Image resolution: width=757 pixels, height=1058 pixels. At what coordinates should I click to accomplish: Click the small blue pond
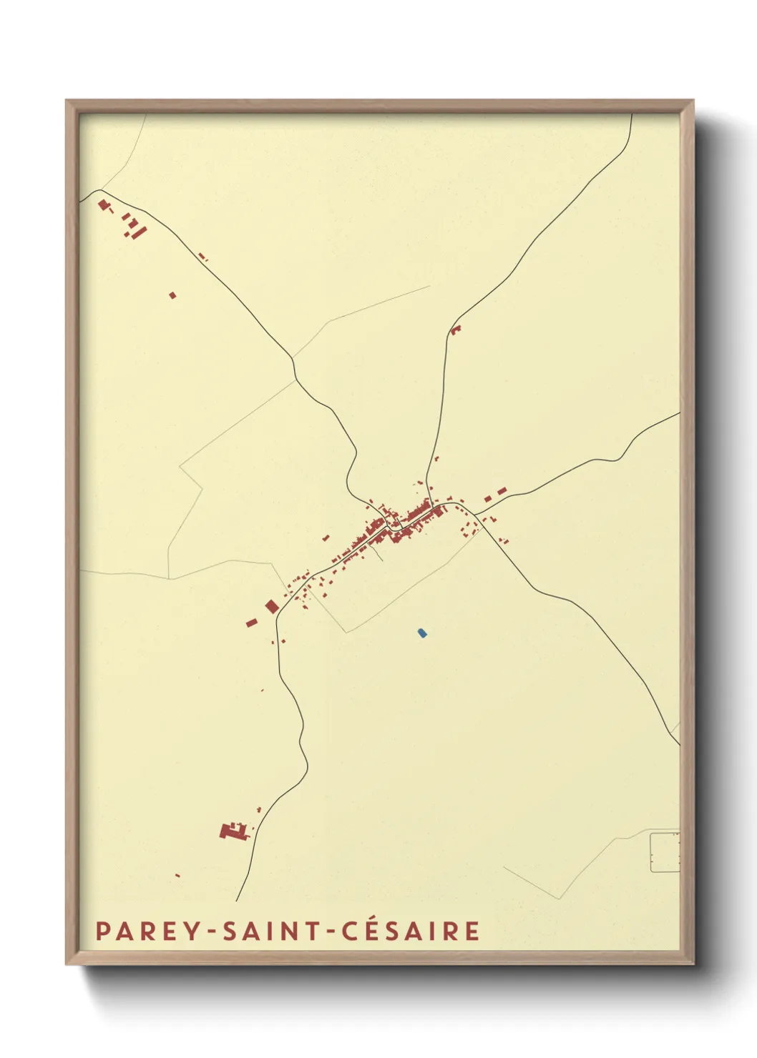pos(422,633)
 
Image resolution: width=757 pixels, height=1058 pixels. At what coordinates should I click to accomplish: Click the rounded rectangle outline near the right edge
pos(665,852)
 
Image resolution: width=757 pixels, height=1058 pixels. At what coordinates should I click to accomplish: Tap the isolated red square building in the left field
pos(172,295)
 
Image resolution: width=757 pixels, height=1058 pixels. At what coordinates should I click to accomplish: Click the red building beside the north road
pos(456,330)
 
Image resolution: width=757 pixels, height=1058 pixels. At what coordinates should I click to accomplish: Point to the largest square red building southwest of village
pos(272,607)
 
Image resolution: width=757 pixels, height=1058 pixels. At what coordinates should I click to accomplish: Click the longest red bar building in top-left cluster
pos(140,232)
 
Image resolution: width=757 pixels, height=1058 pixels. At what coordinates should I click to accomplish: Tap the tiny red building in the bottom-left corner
pos(177,875)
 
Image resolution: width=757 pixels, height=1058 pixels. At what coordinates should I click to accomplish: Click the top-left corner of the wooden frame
pos(67,101)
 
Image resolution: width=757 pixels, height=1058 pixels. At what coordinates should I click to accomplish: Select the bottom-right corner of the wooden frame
pos(693,964)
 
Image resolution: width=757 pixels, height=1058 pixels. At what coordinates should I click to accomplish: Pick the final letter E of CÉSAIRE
pos(472,931)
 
